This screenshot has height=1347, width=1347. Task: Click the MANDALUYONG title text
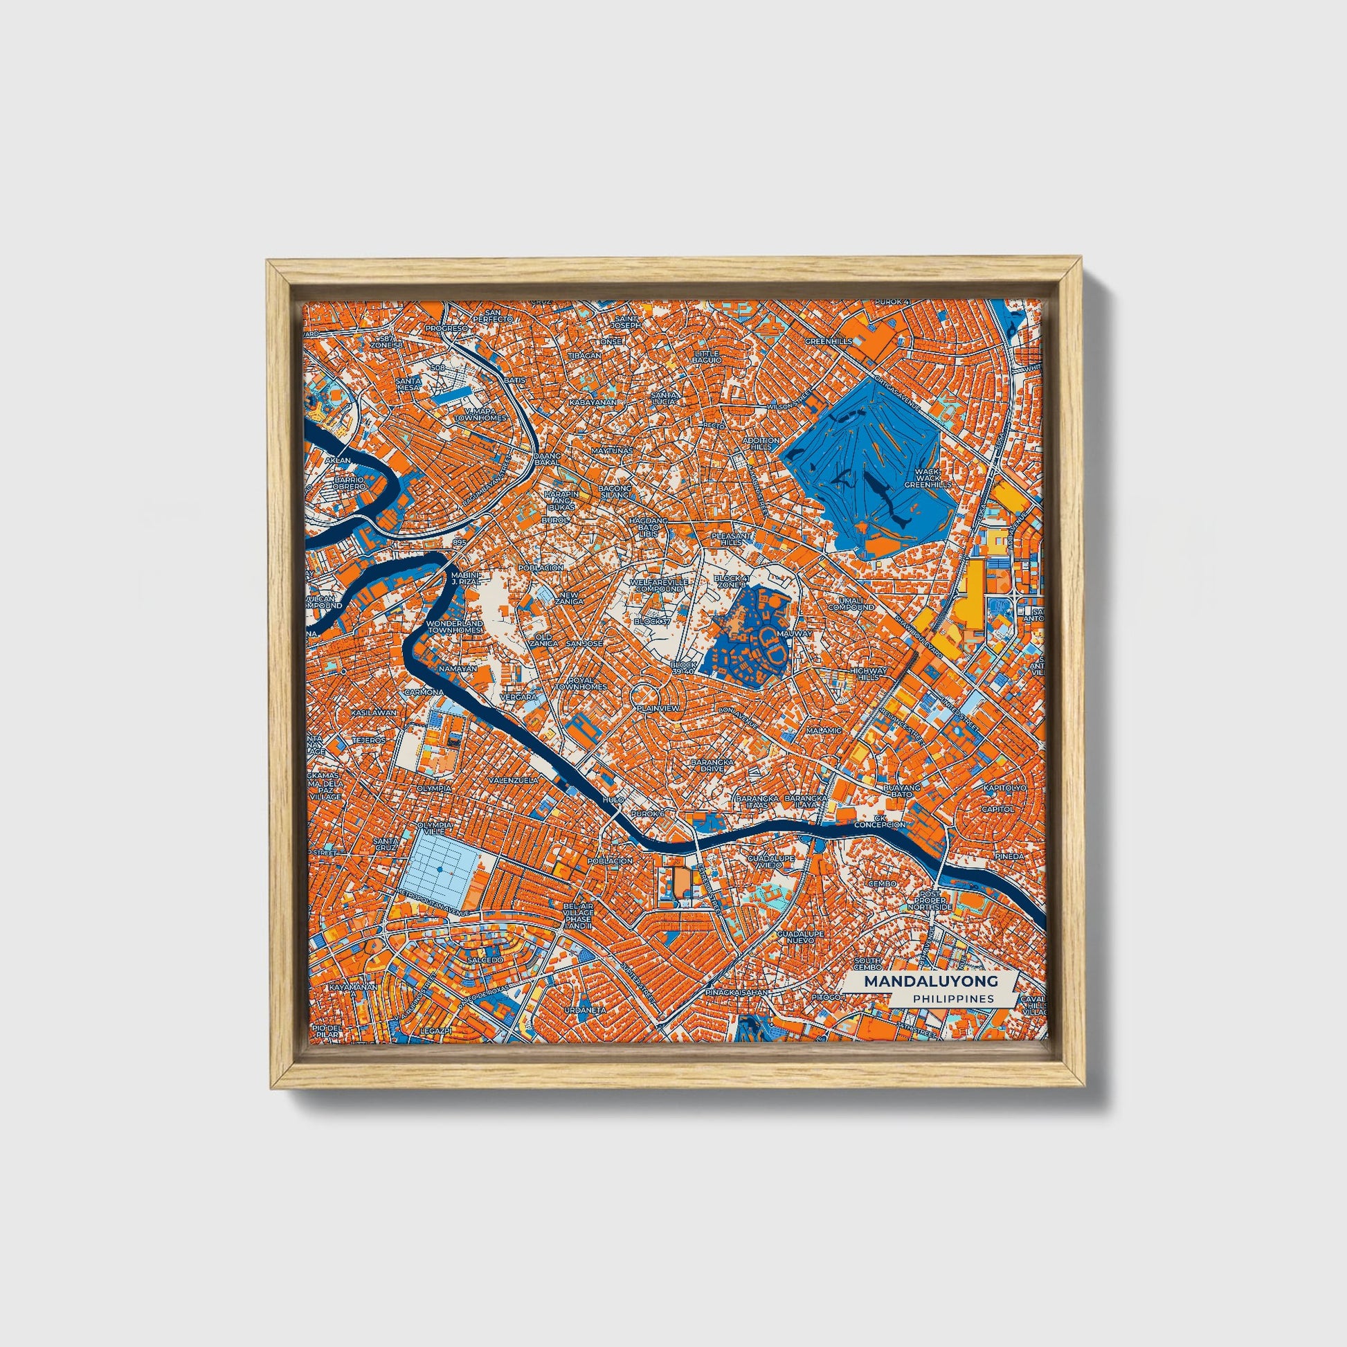930,981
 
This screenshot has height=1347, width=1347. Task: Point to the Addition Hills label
761,443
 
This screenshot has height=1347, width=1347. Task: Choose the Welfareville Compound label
659,584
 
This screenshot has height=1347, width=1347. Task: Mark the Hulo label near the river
613,799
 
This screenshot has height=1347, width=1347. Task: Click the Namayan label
458,668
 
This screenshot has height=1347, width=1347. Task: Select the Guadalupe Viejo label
770,862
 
